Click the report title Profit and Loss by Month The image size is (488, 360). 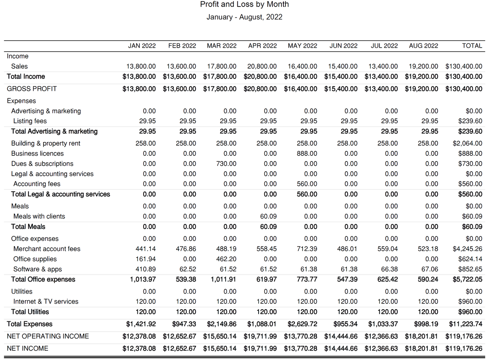tap(244, 4)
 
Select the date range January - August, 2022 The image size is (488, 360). tap(244, 17)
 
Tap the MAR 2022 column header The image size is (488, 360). tap(222, 46)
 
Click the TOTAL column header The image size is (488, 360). tap(472, 46)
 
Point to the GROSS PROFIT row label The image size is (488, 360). tap(32, 89)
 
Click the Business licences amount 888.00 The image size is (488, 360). tap(307, 154)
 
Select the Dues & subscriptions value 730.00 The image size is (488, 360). tap(227, 164)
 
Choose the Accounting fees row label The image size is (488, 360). tap(37, 184)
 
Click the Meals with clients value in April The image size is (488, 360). tap(268, 216)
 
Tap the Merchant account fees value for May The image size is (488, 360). tap(307, 249)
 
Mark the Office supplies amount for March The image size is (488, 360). tap(227, 259)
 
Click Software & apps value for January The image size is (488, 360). tap(146, 269)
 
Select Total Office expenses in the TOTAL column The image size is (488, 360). tap(467, 279)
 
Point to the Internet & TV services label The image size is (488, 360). tap(46, 302)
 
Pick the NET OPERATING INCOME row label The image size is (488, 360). tap(48, 336)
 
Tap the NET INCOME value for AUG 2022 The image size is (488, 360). tap(421, 349)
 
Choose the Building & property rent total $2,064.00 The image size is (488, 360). tap(467, 144)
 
